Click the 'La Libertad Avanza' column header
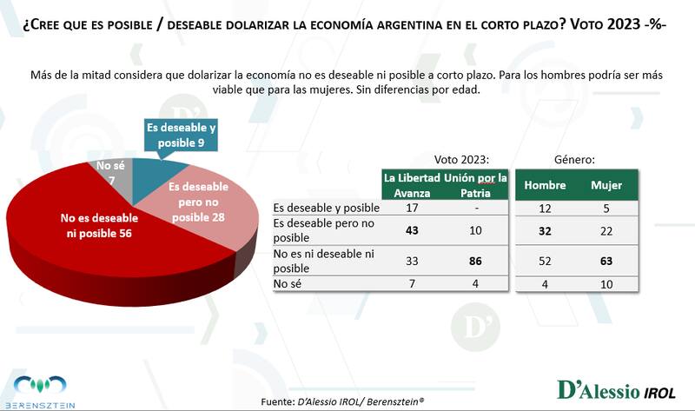point(413,185)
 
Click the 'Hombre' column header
point(546,185)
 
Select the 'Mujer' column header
point(606,185)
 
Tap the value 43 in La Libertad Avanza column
point(413,230)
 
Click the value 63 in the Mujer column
point(606,262)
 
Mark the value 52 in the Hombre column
point(546,262)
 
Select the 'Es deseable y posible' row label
point(326,208)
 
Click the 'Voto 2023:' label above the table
point(461,160)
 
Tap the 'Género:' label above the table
point(574,160)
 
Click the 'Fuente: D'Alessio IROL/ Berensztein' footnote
point(347,401)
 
